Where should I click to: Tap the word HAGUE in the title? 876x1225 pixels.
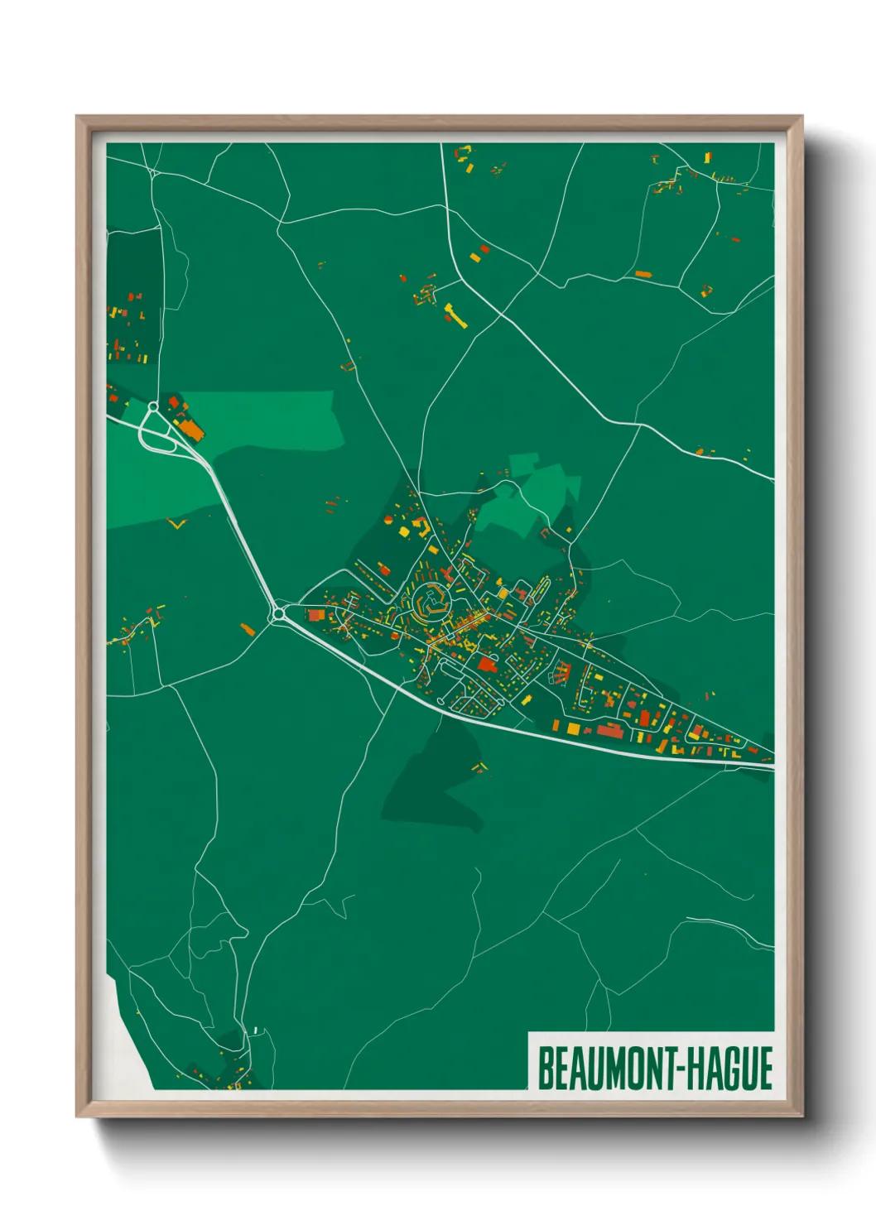click(729, 1069)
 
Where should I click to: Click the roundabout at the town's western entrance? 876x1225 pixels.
click(277, 614)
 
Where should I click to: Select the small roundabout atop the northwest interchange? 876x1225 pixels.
click(153, 406)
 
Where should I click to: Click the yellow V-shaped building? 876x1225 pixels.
click(176, 523)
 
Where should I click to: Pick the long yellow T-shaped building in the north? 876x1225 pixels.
click(455, 315)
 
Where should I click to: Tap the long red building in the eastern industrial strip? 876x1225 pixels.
click(609, 730)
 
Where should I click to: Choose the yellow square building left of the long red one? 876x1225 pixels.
click(573, 728)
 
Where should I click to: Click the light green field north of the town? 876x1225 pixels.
click(530, 495)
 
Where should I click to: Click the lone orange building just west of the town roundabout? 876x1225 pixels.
click(247, 629)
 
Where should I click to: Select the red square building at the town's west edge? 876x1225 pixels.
click(315, 615)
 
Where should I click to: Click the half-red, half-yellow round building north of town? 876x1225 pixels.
click(387, 520)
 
